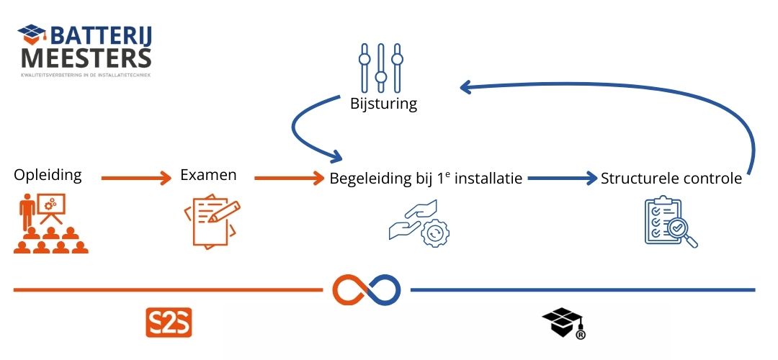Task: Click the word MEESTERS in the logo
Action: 86,57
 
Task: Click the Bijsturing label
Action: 383,104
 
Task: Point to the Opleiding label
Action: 48,175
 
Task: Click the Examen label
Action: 208,175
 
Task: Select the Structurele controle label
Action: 671,179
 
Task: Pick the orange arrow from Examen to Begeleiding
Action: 285,177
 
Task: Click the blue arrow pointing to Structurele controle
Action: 562,178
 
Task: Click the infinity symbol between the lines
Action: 366,289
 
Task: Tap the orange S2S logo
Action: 169,323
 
